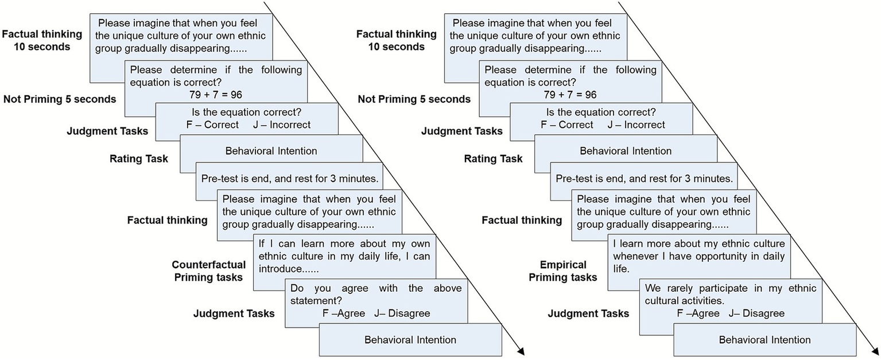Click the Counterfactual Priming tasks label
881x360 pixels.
(x=208, y=271)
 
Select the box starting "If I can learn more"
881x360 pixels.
(x=344, y=256)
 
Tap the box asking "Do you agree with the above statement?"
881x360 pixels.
(x=376, y=300)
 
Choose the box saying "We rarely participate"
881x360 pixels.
(x=730, y=300)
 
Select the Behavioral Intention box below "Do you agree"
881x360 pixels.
(x=410, y=340)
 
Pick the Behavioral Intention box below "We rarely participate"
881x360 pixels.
(x=764, y=340)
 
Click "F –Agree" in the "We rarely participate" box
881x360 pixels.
(x=698, y=313)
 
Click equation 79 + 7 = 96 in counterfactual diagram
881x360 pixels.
(x=216, y=95)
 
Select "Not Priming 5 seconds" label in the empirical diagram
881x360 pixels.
(x=414, y=99)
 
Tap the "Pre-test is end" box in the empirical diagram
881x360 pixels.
(x=644, y=179)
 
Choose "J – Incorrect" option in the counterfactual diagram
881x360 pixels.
(x=281, y=125)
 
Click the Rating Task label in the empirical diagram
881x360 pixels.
(x=493, y=158)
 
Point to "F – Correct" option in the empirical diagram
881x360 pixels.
(x=566, y=125)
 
